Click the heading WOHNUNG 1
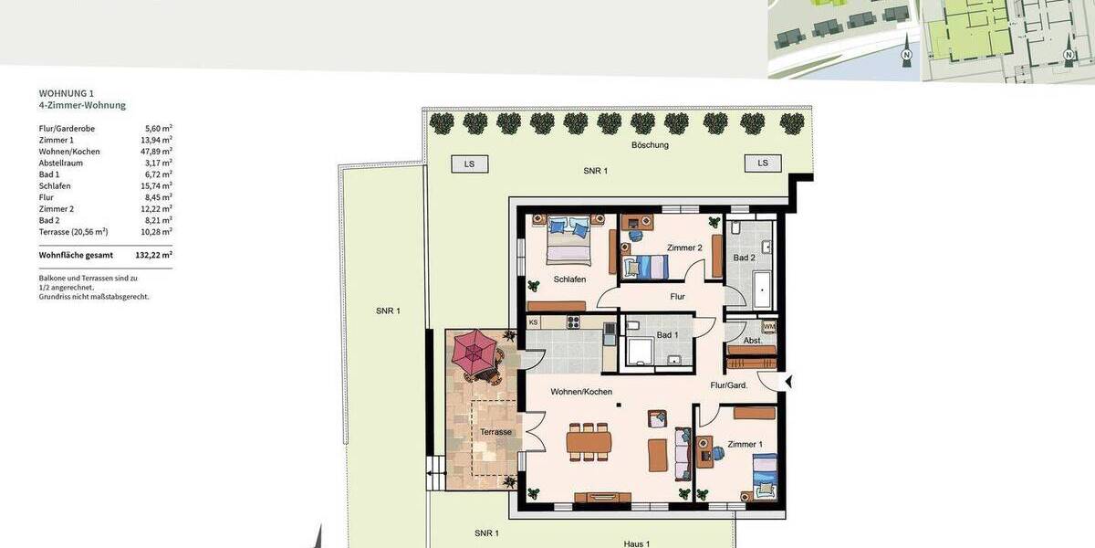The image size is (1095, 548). [67, 93]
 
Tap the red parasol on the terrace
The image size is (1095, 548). [475, 351]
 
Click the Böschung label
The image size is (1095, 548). [650, 145]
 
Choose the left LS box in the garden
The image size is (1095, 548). [469, 163]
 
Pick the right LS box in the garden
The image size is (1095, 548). [763, 163]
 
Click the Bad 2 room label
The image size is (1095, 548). [744, 258]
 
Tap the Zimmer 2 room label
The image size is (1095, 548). [684, 248]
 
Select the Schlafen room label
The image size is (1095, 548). [569, 279]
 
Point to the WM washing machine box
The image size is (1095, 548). [769, 326]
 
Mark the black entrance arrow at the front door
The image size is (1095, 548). [789, 382]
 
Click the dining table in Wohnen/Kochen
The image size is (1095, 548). [589, 442]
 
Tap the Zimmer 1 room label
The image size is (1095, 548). [745, 445]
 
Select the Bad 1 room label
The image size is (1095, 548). [667, 335]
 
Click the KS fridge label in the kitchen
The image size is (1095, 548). [533, 321]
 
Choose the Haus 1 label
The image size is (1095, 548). [637, 543]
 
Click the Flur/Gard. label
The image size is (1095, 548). [729, 385]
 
